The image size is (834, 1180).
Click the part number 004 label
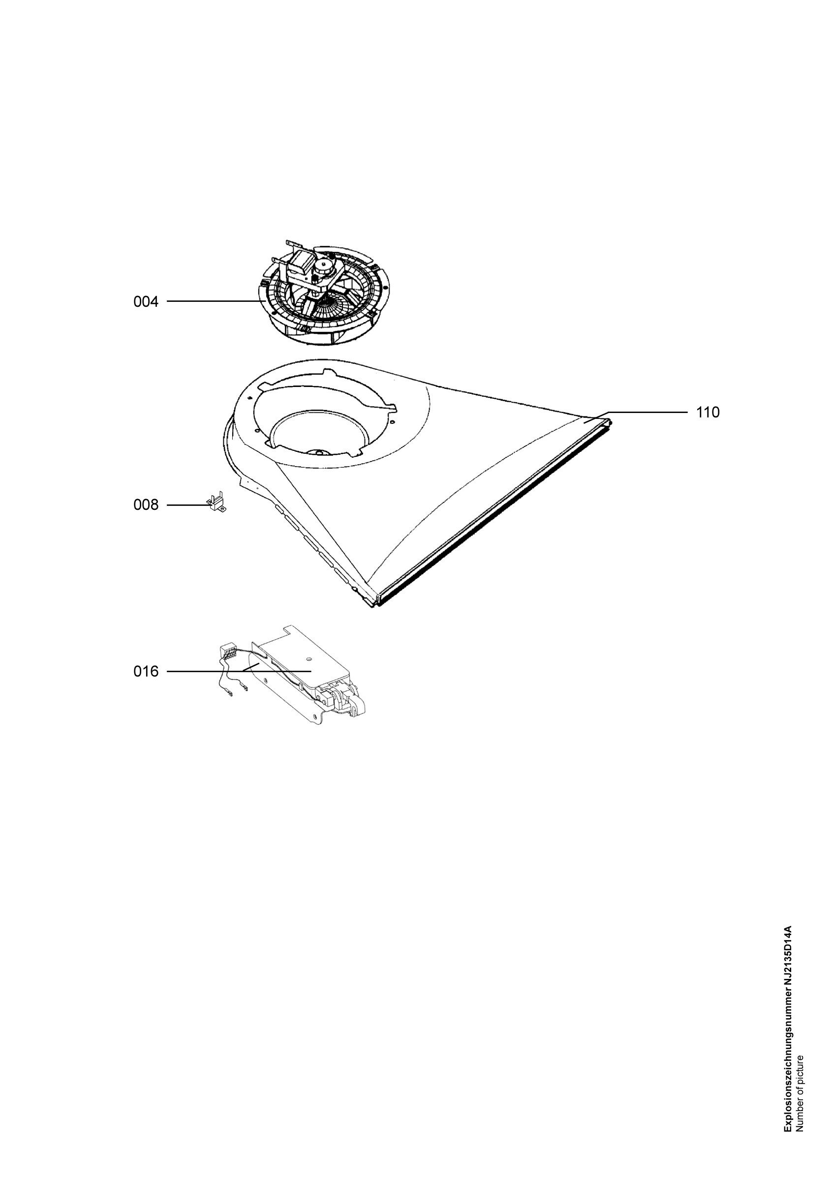pyautogui.click(x=146, y=302)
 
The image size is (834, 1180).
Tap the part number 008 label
pyautogui.click(x=146, y=505)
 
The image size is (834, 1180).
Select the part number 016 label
pyautogui.click(x=146, y=672)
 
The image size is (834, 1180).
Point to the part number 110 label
pyautogui.click(x=708, y=412)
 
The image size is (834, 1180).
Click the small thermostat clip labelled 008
pyautogui.click(x=216, y=501)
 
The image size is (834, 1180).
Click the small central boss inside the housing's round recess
pyautogui.click(x=320, y=452)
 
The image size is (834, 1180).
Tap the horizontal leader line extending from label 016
pyautogui.click(x=239, y=672)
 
